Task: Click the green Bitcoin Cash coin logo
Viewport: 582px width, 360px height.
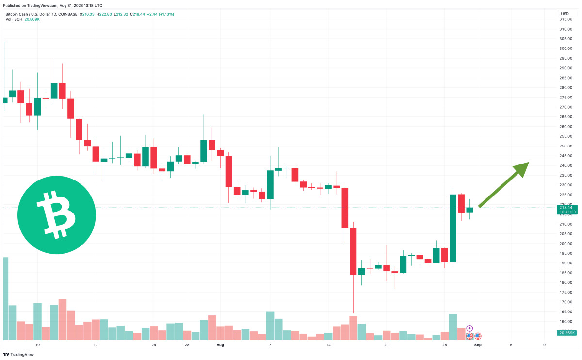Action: point(56,214)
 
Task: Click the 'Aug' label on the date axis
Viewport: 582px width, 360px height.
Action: point(220,345)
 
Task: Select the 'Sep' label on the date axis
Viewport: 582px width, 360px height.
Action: point(477,345)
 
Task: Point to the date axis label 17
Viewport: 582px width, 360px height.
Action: point(96,345)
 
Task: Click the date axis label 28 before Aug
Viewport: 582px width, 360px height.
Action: point(187,345)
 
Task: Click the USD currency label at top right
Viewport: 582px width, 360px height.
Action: point(565,14)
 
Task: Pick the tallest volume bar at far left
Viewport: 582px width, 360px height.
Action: point(5,298)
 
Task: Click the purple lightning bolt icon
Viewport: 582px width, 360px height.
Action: point(469,328)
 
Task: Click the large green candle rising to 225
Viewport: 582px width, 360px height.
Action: point(453,228)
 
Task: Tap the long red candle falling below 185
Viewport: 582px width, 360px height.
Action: point(353,251)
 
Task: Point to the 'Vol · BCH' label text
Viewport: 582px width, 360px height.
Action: point(14,19)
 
